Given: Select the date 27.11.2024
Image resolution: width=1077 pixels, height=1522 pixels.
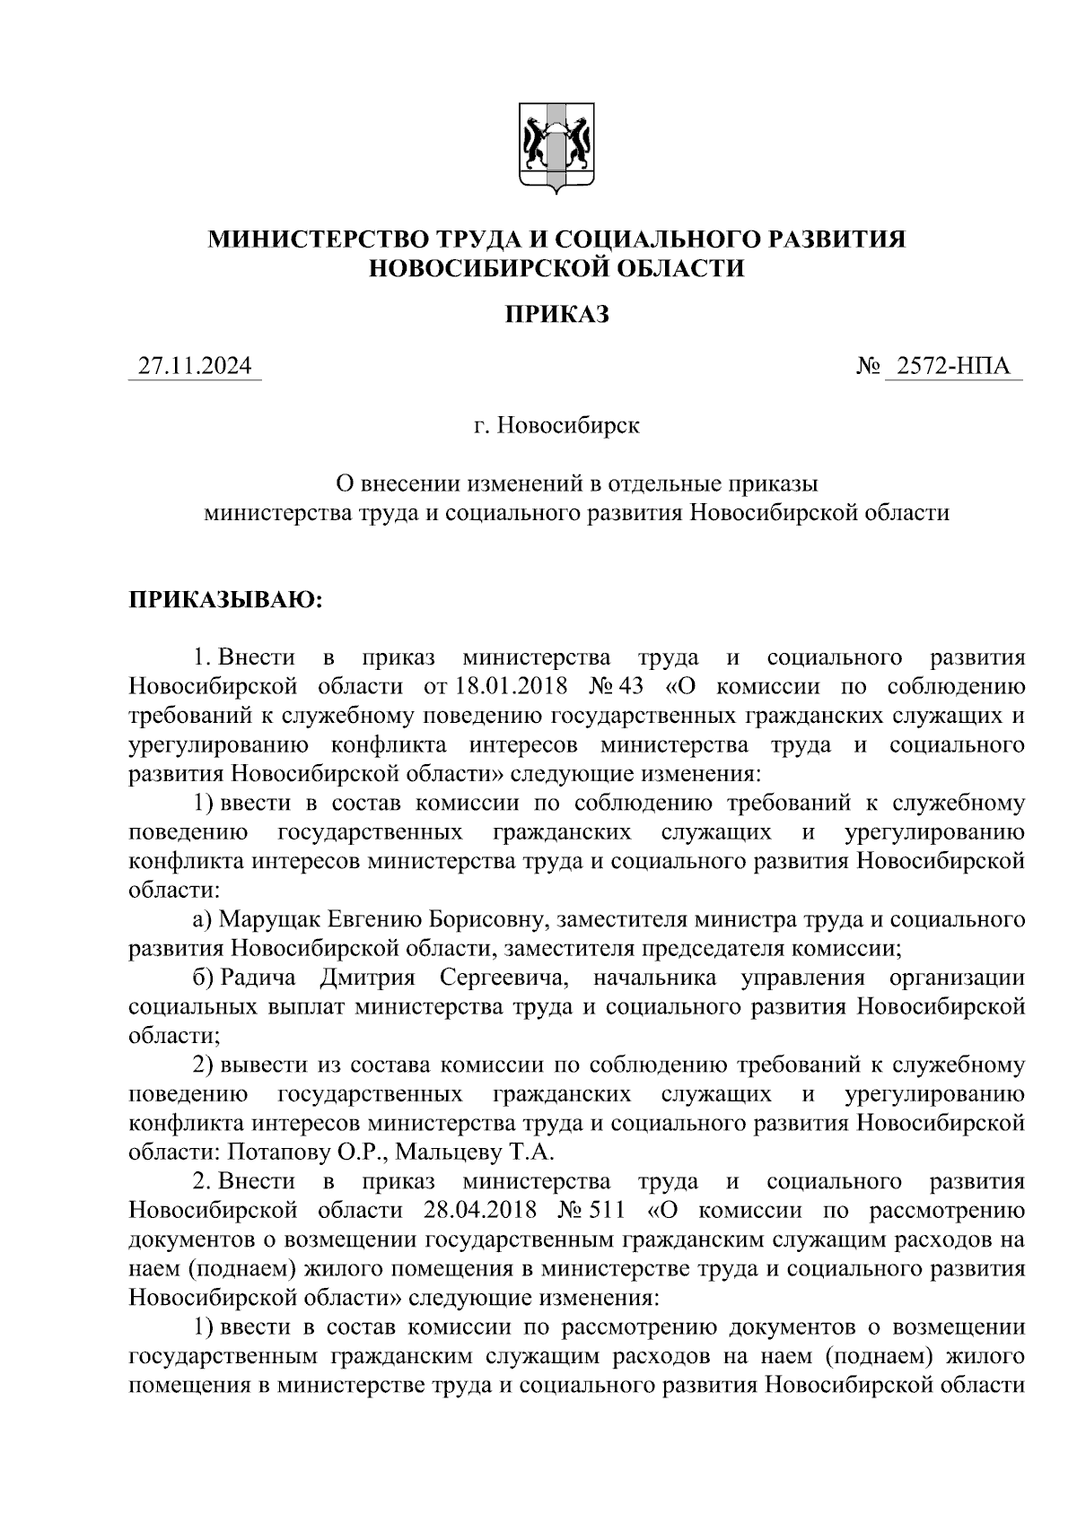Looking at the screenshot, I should point(195,367).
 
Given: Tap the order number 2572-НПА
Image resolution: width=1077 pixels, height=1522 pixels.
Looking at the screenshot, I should point(952,367).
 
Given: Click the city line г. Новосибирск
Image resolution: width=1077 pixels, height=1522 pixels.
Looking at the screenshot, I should point(556,424).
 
